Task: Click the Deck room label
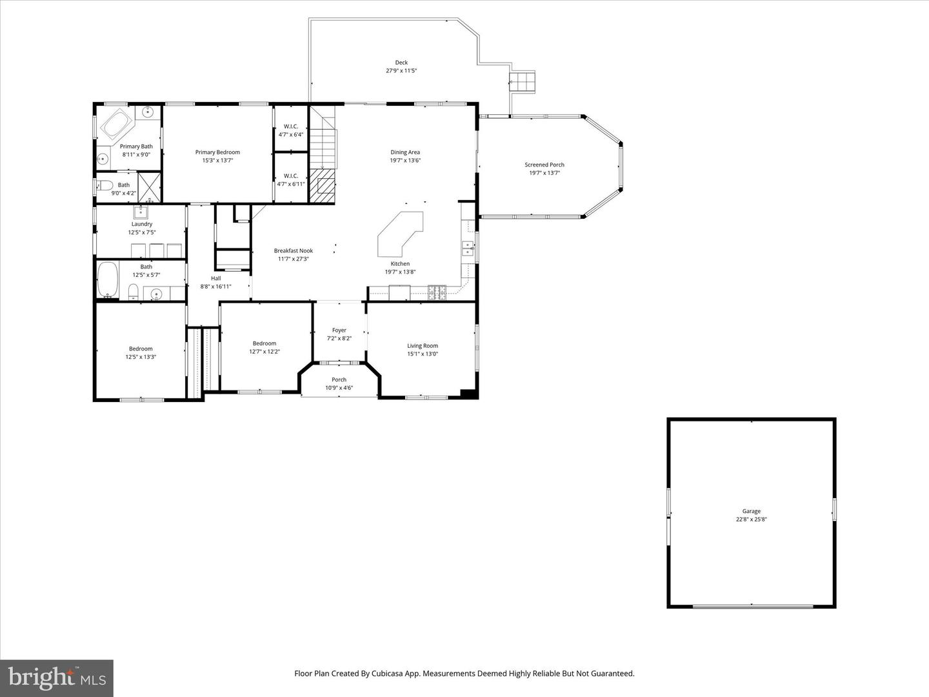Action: pyautogui.click(x=401, y=63)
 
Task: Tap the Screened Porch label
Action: pyautogui.click(x=544, y=165)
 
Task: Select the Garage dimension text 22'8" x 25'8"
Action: pyautogui.click(x=751, y=520)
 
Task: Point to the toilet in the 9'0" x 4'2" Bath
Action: pyautogui.click(x=105, y=186)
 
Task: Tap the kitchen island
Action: pyautogui.click(x=400, y=232)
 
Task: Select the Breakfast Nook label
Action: pyautogui.click(x=293, y=250)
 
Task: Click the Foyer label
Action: pyautogui.click(x=339, y=330)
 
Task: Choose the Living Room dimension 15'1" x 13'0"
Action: pyautogui.click(x=422, y=354)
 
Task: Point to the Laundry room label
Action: pyautogui.click(x=141, y=224)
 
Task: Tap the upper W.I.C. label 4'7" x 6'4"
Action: pyautogui.click(x=290, y=134)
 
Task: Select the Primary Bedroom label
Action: pyautogui.click(x=217, y=152)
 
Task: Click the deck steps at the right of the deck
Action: pyautogui.click(x=523, y=82)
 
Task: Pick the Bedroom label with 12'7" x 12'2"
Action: pyautogui.click(x=264, y=343)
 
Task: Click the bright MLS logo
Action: pyautogui.click(x=57, y=678)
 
